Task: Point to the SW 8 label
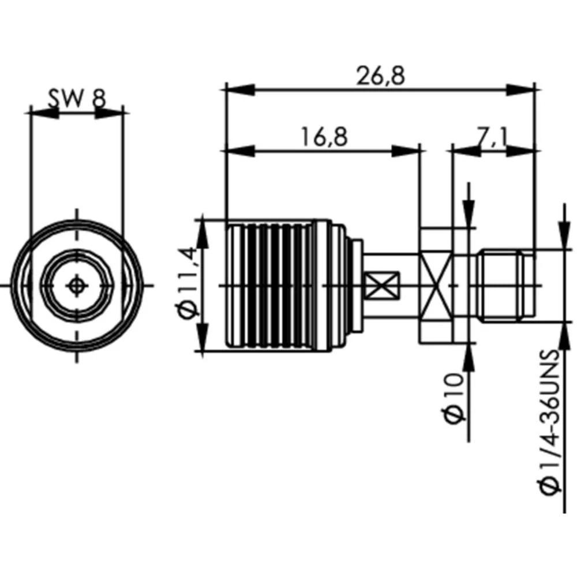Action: (x=76, y=99)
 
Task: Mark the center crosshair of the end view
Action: (x=76, y=285)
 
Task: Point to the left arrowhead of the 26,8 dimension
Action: (x=239, y=89)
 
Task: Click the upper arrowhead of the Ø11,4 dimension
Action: (x=204, y=234)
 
